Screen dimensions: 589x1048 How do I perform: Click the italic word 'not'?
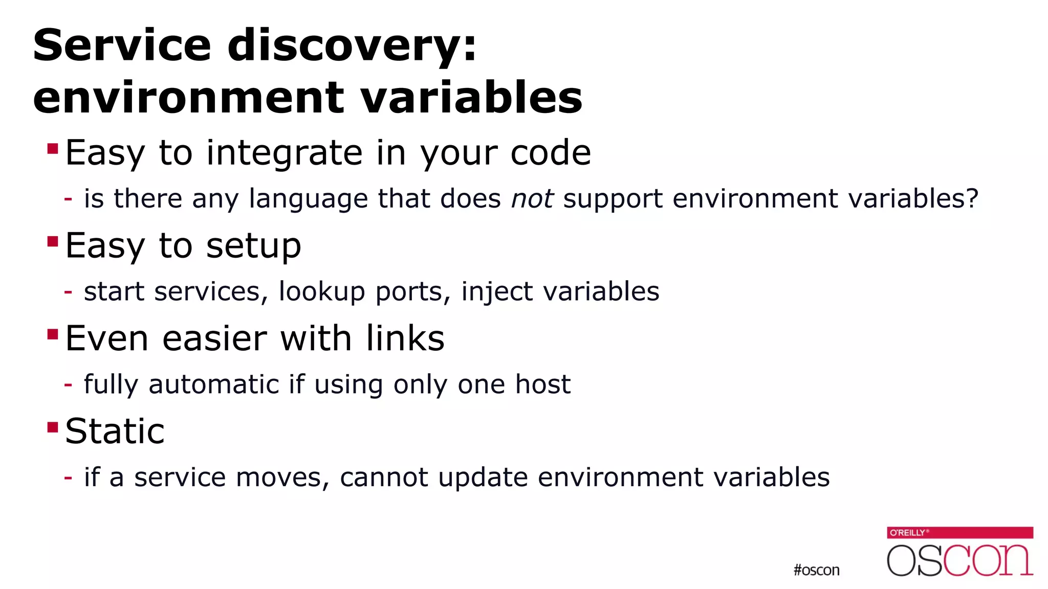532,198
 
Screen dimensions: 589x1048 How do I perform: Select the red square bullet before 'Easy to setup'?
52,241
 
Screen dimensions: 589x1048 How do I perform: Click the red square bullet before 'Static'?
52,426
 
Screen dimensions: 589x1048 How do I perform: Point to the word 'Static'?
115,431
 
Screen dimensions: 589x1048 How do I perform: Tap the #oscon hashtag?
816,570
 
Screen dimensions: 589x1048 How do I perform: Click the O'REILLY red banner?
959,533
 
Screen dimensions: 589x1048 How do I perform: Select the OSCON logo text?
959,560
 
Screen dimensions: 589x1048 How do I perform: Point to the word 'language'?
308,199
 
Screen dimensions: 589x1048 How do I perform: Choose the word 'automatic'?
214,384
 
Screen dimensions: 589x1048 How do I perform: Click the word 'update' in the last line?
483,478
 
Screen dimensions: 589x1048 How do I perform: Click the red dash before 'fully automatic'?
68,385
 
